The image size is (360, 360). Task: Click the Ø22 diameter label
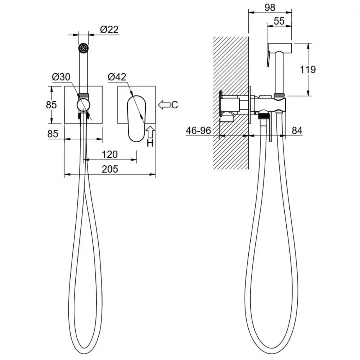click(109, 30)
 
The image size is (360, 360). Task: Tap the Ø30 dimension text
click(61, 77)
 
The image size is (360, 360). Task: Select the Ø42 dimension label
click(117, 77)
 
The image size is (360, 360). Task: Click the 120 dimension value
click(110, 154)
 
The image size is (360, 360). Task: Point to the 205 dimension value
click(110, 169)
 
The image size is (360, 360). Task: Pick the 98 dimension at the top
click(270, 8)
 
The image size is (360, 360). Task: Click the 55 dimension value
click(279, 21)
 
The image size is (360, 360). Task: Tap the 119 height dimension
click(308, 69)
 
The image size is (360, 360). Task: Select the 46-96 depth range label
click(198, 131)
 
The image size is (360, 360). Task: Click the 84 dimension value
click(297, 131)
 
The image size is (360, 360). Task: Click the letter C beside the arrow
click(175, 105)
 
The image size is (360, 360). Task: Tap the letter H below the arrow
click(150, 144)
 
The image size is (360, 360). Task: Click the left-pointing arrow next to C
click(164, 105)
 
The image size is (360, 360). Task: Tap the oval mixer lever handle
click(136, 118)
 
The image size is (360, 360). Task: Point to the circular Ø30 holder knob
click(84, 105)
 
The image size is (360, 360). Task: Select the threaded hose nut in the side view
click(264, 116)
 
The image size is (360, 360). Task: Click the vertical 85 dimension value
click(51, 105)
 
